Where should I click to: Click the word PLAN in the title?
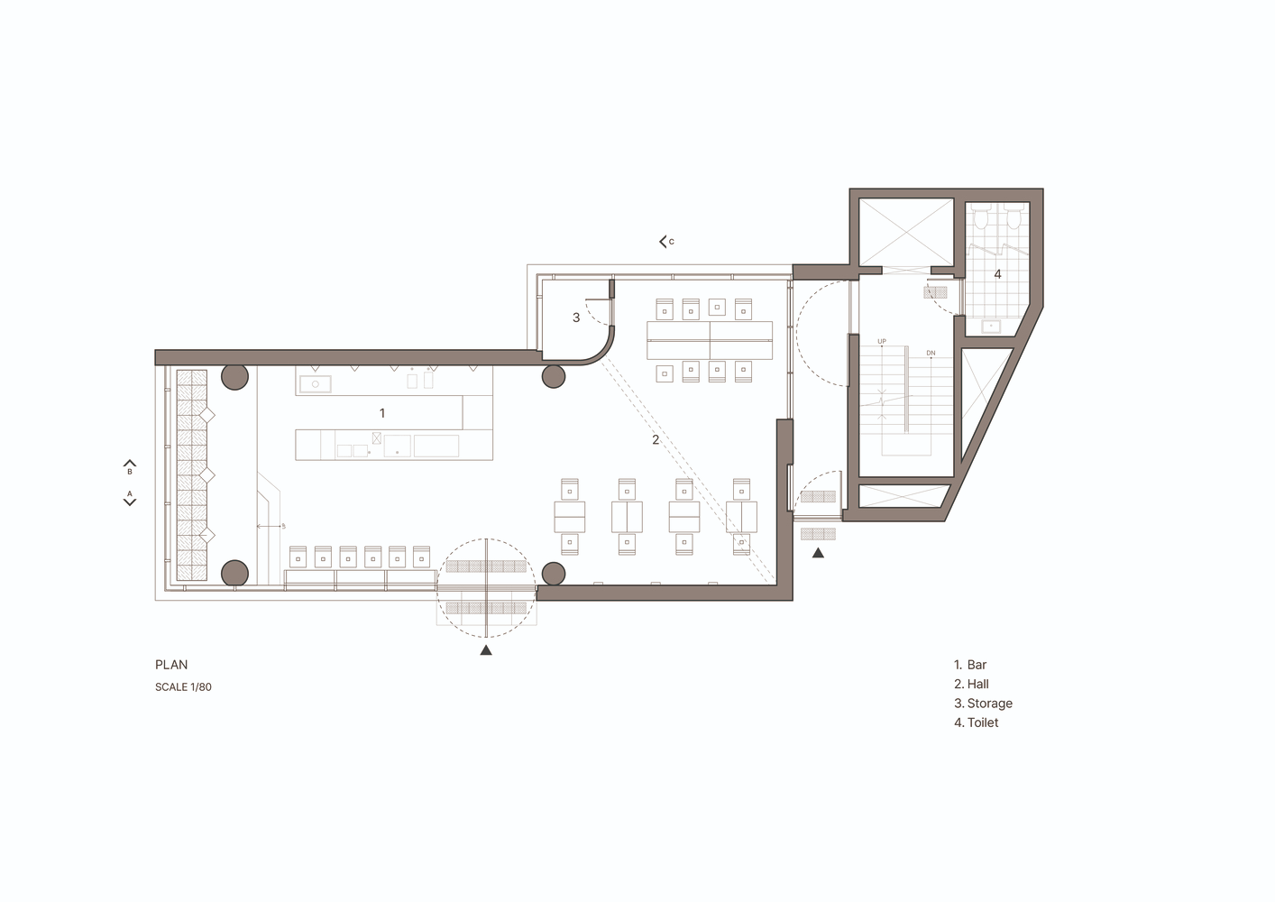[171, 665]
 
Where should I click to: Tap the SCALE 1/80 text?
[183, 687]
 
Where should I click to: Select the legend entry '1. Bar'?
[970, 665]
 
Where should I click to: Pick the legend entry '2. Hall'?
[972, 684]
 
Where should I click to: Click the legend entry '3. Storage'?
[984, 704]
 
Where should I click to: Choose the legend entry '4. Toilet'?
[977, 723]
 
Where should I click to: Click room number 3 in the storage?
[576, 318]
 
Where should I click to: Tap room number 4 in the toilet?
[998, 274]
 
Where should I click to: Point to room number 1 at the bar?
[382, 413]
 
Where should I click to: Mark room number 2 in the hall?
[656, 439]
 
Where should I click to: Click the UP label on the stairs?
[882, 342]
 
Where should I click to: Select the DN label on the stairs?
[931, 353]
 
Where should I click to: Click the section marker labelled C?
[666, 242]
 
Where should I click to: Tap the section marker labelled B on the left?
[130, 467]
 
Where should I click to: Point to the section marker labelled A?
[130, 498]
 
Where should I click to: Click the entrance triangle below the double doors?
[485, 649]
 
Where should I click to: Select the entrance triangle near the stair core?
[818, 552]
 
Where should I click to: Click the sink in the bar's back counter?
[316, 384]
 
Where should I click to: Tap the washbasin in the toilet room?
[991, 327]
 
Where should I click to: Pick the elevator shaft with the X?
[906, 232]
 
